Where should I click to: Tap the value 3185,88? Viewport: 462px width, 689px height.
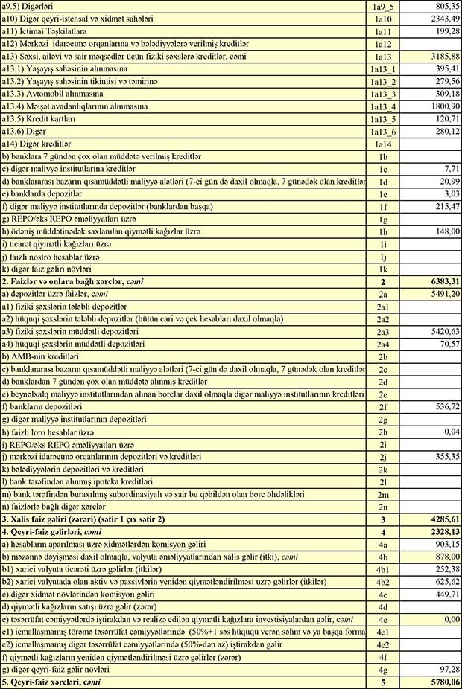[440, 57]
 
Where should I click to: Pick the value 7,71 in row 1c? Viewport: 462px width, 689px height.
[451, 169]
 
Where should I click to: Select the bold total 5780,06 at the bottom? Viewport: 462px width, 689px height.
[440, 682]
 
